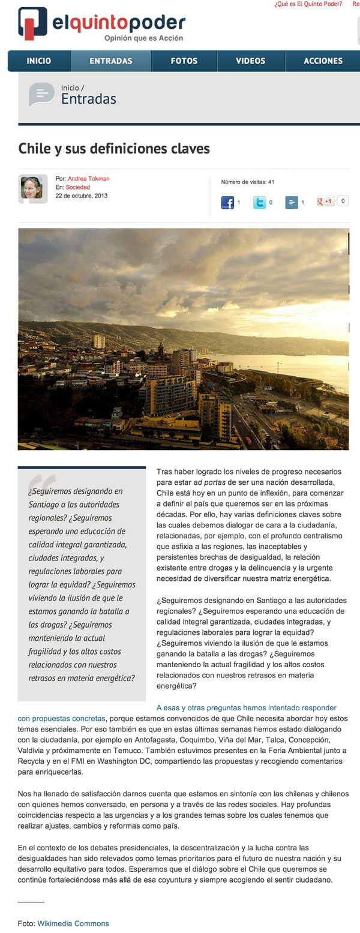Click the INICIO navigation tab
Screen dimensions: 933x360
tap(39, 61)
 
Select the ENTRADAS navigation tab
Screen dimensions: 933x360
tap(111, 61)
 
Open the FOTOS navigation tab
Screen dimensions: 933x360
tap(184, 61)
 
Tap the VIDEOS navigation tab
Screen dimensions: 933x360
tap(250, 61)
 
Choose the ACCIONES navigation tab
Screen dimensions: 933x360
tap(323, 61)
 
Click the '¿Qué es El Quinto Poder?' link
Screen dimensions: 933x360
tap(308, 4)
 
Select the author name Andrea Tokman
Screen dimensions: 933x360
tap(89, 179)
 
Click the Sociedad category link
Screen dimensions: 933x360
tap(78, 187)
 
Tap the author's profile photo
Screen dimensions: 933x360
tap(32, 188)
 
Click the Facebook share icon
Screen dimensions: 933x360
tap(227, 203)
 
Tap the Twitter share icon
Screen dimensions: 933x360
tap(259, 203)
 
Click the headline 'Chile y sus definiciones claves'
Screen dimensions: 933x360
tap(114, 148)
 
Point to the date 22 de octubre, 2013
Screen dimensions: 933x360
tap(82, 196)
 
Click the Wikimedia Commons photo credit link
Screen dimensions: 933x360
tap(73, 923)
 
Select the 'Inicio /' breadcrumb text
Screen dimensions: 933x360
tap(73, 88)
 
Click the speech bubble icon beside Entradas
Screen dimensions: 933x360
tap(41, 94)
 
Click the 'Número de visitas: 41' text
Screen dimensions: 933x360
tap(248, 182)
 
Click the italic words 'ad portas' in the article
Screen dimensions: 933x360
tap(209, 483)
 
